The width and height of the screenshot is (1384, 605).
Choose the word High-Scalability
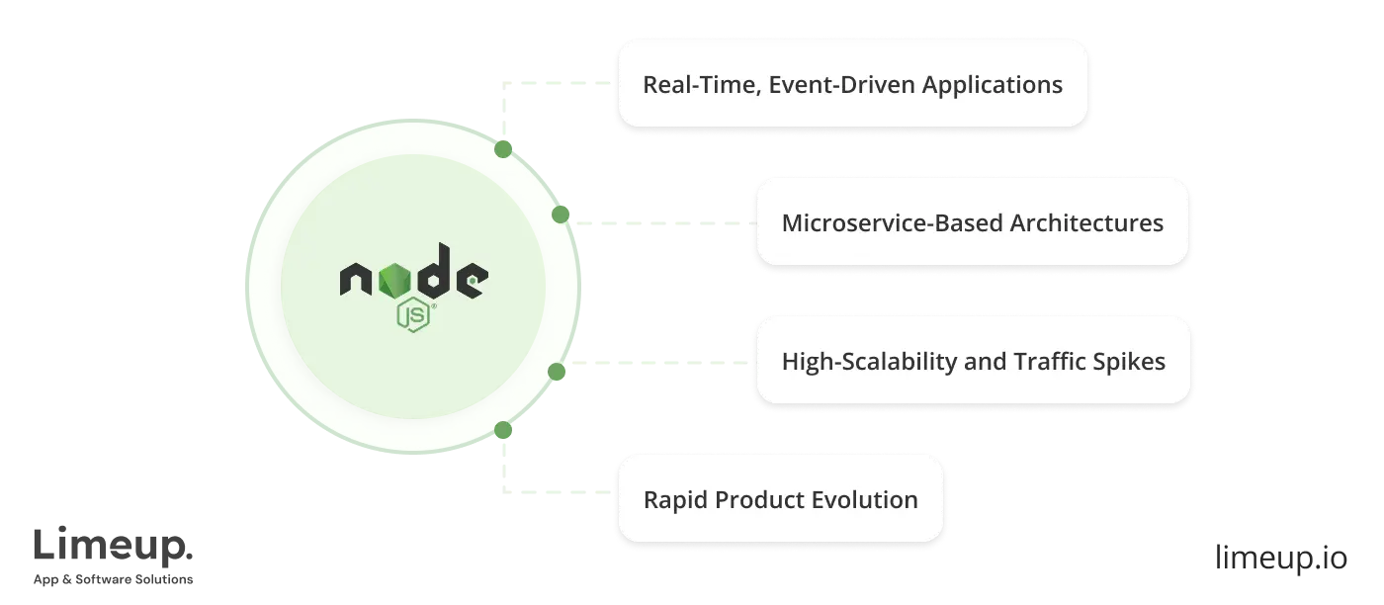[x=869, y=362]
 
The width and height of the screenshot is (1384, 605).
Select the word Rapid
[x=675, y=500]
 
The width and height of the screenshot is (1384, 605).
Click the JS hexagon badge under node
[x=413, y=315]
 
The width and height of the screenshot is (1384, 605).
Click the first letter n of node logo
[x=358, y=281]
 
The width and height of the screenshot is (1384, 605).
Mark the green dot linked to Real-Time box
[x=503, y=149]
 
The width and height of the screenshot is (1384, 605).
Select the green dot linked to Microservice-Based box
[x=560, y=215]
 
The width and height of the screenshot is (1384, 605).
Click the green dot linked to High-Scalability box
[x=557, y=372]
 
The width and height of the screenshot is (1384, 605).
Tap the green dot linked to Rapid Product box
[x=503, y=430]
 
